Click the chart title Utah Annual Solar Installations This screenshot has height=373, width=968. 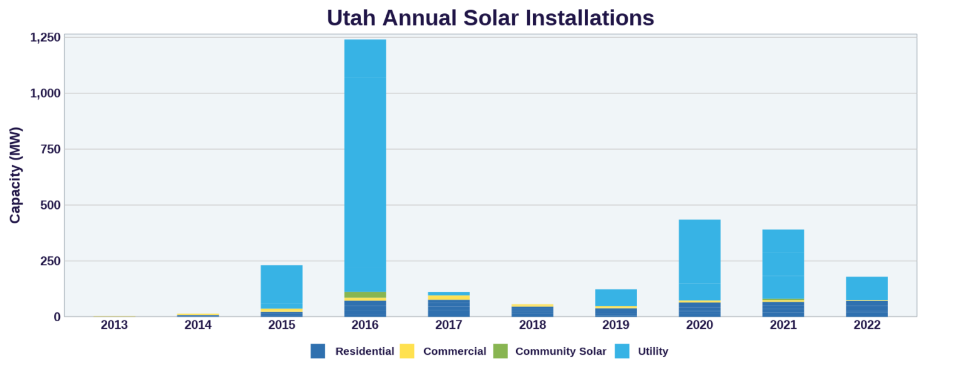click(490, 18)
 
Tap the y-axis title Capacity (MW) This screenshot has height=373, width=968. click(15, 175)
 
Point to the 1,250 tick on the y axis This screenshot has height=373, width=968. click(45, 37)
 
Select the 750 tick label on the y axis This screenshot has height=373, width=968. click(50, 149)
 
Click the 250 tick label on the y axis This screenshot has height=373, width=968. click(50, 261)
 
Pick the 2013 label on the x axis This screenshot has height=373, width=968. click(114, 325)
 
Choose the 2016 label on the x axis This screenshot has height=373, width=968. click(365, 325)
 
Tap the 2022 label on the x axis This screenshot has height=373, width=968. click(867, 325)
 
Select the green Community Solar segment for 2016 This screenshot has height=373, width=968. click(365, 295)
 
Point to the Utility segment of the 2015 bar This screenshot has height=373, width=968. click(281, 287)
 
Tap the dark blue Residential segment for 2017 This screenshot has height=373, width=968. click(449, 308)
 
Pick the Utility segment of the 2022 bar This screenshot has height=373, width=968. click(867, 288)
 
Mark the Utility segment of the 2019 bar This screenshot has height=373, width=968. click(616, 297)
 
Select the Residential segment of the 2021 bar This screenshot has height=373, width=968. click(783, 309)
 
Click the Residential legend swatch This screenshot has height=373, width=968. click(318, 351)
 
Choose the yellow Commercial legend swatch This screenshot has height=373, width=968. click(407, 351)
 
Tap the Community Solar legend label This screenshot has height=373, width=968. click(560, 352)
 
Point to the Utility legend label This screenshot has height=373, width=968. click(653, 352)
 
